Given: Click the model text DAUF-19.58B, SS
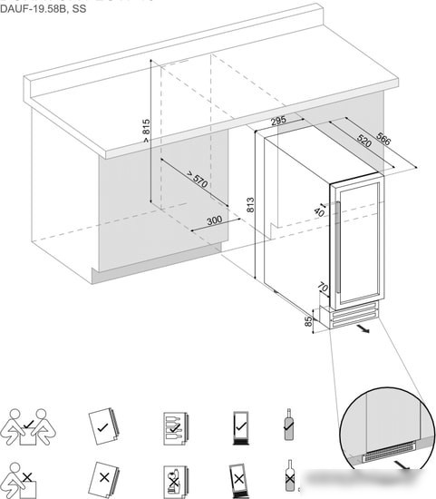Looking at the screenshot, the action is tap(43, 8).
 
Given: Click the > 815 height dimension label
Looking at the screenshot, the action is tap(146, 131).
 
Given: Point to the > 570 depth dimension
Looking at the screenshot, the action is tap(198, 179).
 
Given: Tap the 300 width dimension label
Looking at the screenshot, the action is tap(214, 220).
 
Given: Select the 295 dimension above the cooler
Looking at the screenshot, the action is tap(278, 122).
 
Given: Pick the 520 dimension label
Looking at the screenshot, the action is tap(364, 141).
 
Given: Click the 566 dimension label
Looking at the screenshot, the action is tap(383, 138).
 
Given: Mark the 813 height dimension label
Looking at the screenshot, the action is tap(250, 205).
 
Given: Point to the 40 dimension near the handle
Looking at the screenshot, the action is tap(319, 212).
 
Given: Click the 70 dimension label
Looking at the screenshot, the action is tap(323, 288).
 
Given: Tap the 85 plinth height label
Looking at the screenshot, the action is tap(308, 321).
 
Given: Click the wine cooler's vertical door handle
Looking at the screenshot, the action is tap(338, 248).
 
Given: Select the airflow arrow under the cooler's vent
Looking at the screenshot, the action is tap(363, 328).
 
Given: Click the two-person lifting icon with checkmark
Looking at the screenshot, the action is tap(28, 426).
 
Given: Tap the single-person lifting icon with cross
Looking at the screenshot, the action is tap(19, 481).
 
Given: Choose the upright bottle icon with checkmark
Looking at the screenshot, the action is tap(288, 425).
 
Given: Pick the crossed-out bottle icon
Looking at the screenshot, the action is tap(289, 475).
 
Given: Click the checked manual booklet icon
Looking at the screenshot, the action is tap(103, 426).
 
